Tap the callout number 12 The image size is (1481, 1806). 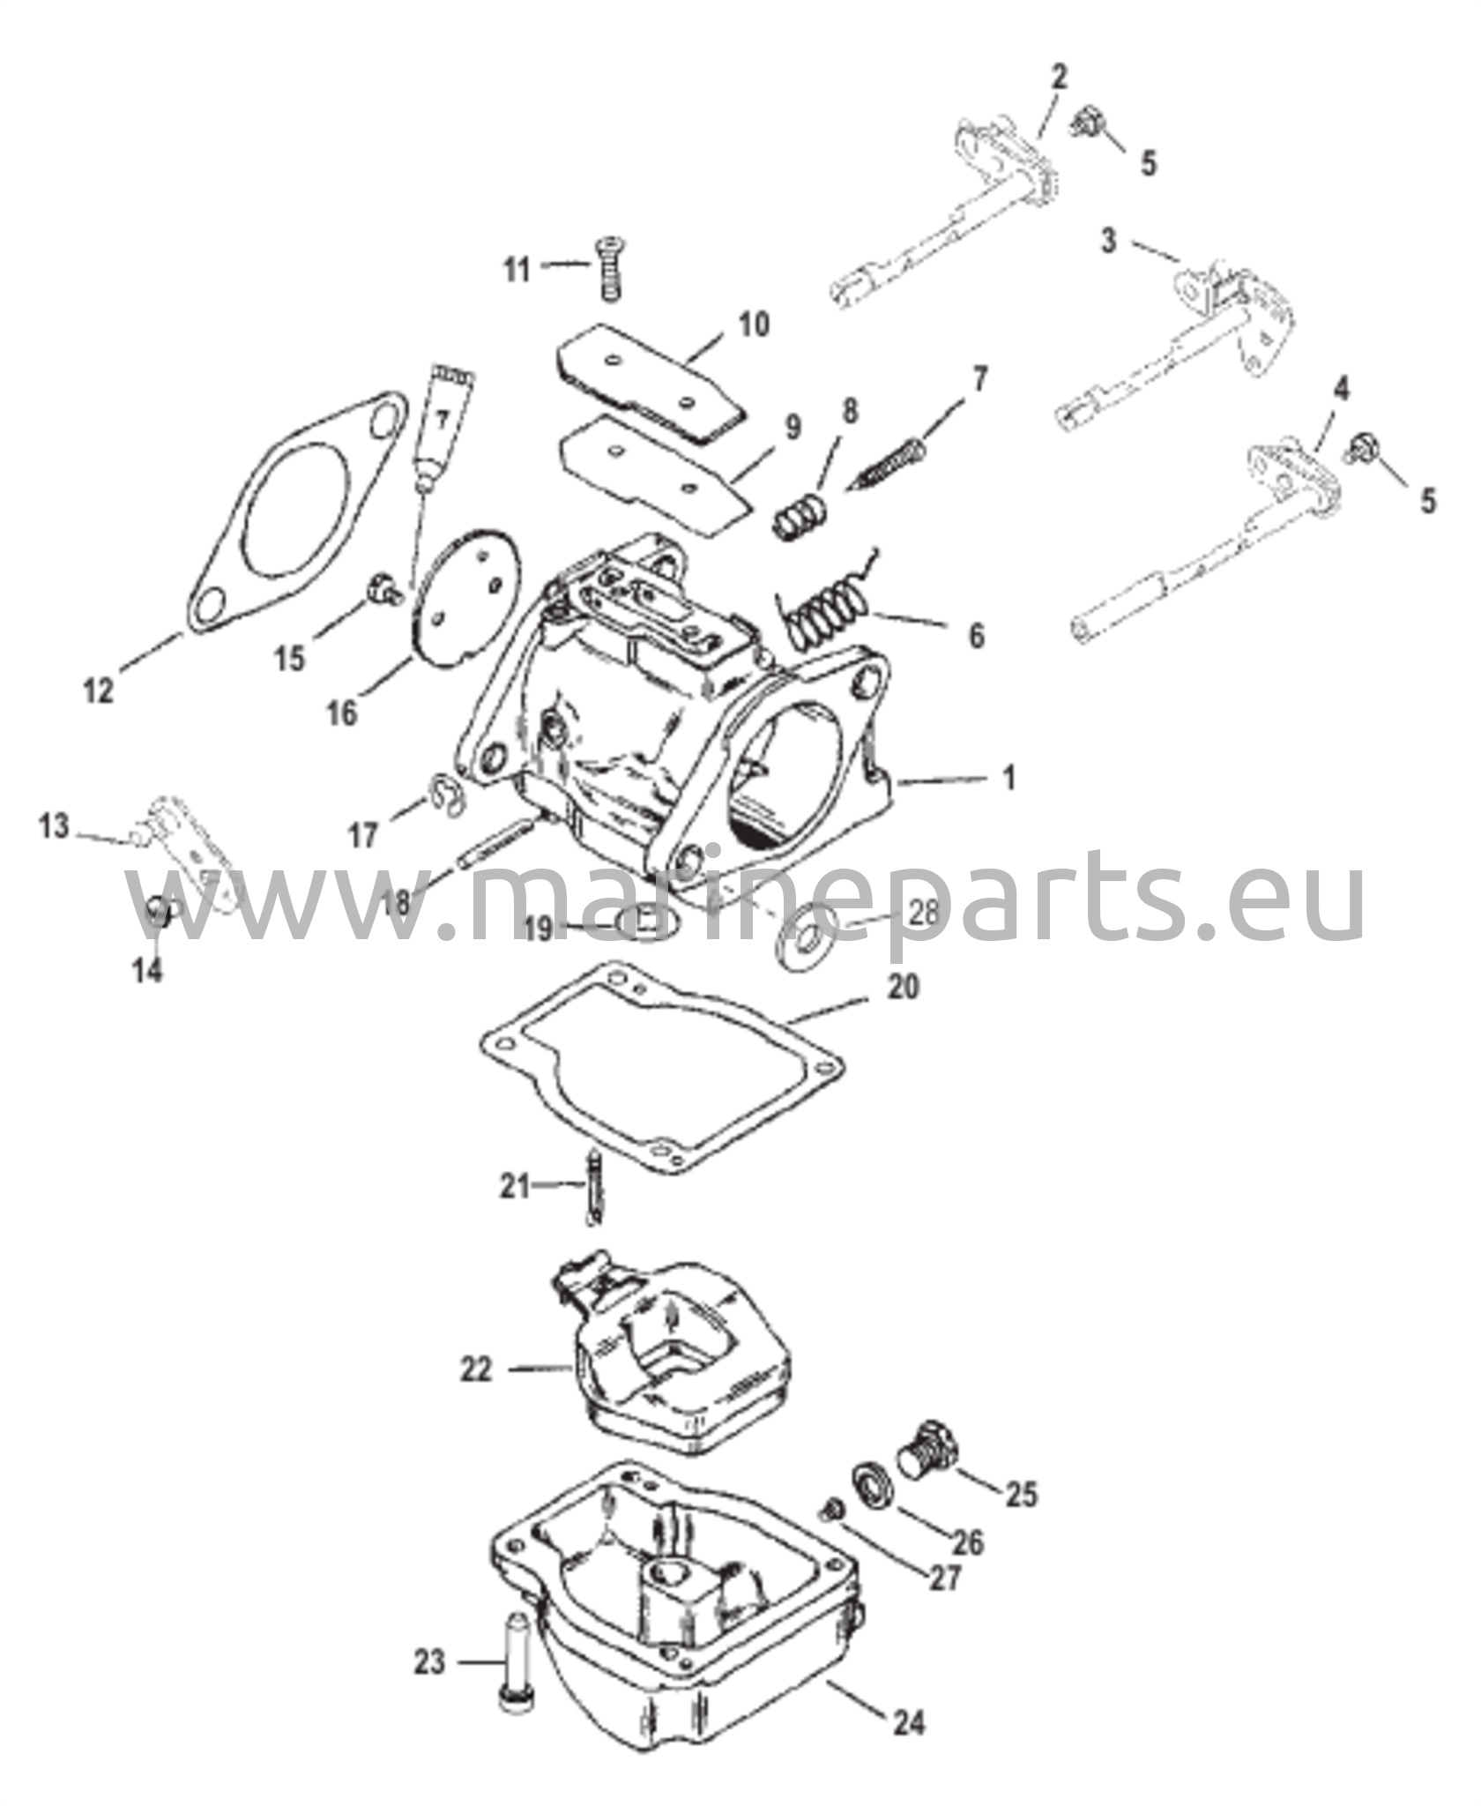[x=99, y=690]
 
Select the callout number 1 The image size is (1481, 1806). [x=1009, y=778]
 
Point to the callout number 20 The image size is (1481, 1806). [x=904, y=986]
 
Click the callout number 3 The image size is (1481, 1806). [x=1109, y=240]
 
